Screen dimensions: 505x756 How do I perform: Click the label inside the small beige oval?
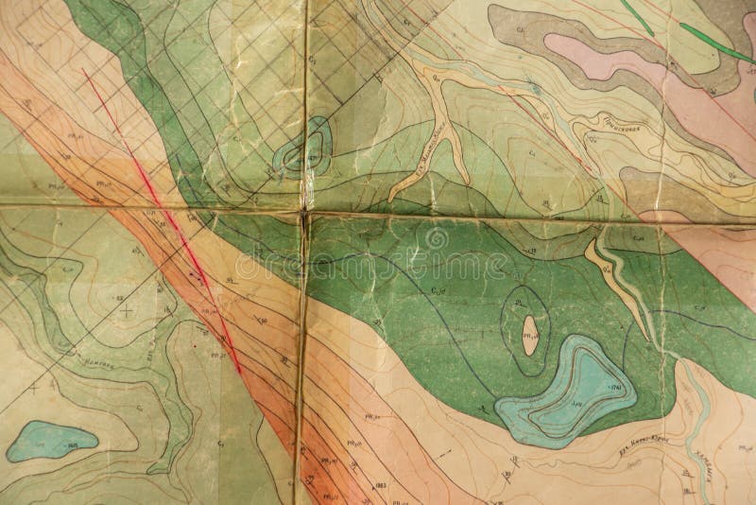(530, 328)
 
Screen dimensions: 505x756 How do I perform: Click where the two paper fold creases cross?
(304, 212)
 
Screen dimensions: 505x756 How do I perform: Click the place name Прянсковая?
(619, 128)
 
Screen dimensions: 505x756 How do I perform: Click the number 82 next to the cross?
(119, 298)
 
